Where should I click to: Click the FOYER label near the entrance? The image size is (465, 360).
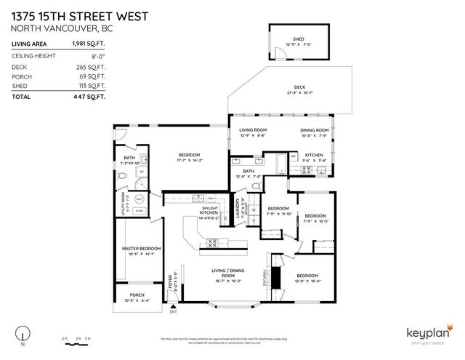pyautogui.click(x=171, y=281)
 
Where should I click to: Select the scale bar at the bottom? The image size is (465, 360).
pyautogui.click(x=76, y=338)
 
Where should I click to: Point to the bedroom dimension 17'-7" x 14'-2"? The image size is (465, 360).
pyautogui.click(x=190, y=161)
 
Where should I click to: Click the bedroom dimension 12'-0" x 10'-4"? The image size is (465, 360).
pyautogui.click(x=307, y=281)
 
